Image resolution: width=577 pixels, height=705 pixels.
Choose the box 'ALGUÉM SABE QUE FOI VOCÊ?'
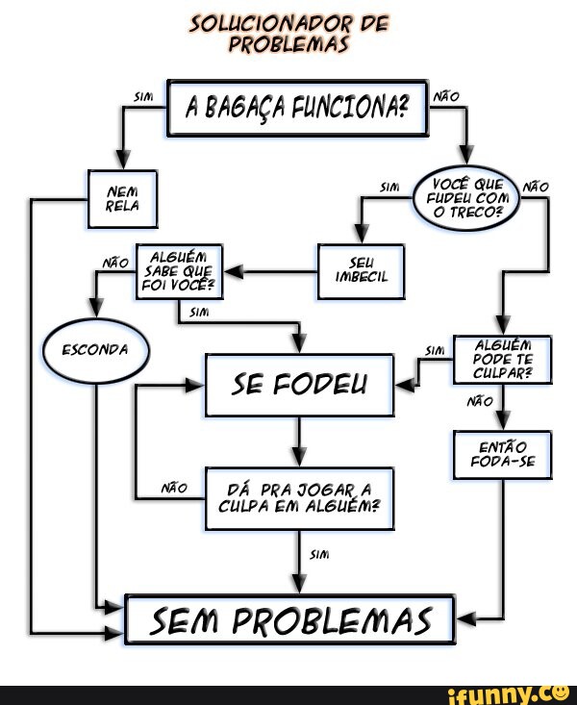coord(180,271)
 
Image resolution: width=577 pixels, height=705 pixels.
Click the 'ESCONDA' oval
coord(95,349)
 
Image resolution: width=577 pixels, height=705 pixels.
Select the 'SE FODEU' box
coord(299,385)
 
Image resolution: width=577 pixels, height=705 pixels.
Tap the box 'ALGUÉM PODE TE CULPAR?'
coord(503,360)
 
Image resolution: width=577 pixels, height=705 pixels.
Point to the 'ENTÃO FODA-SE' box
coord(503,454)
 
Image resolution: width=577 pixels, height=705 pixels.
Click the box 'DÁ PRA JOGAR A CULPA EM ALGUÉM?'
coord(299,497)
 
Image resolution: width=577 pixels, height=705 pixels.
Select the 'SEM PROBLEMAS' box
coord(290,618)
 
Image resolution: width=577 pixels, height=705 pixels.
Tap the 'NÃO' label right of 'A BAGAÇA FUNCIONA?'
coord(447,95)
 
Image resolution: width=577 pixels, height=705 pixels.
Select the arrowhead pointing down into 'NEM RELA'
coord(122,160)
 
